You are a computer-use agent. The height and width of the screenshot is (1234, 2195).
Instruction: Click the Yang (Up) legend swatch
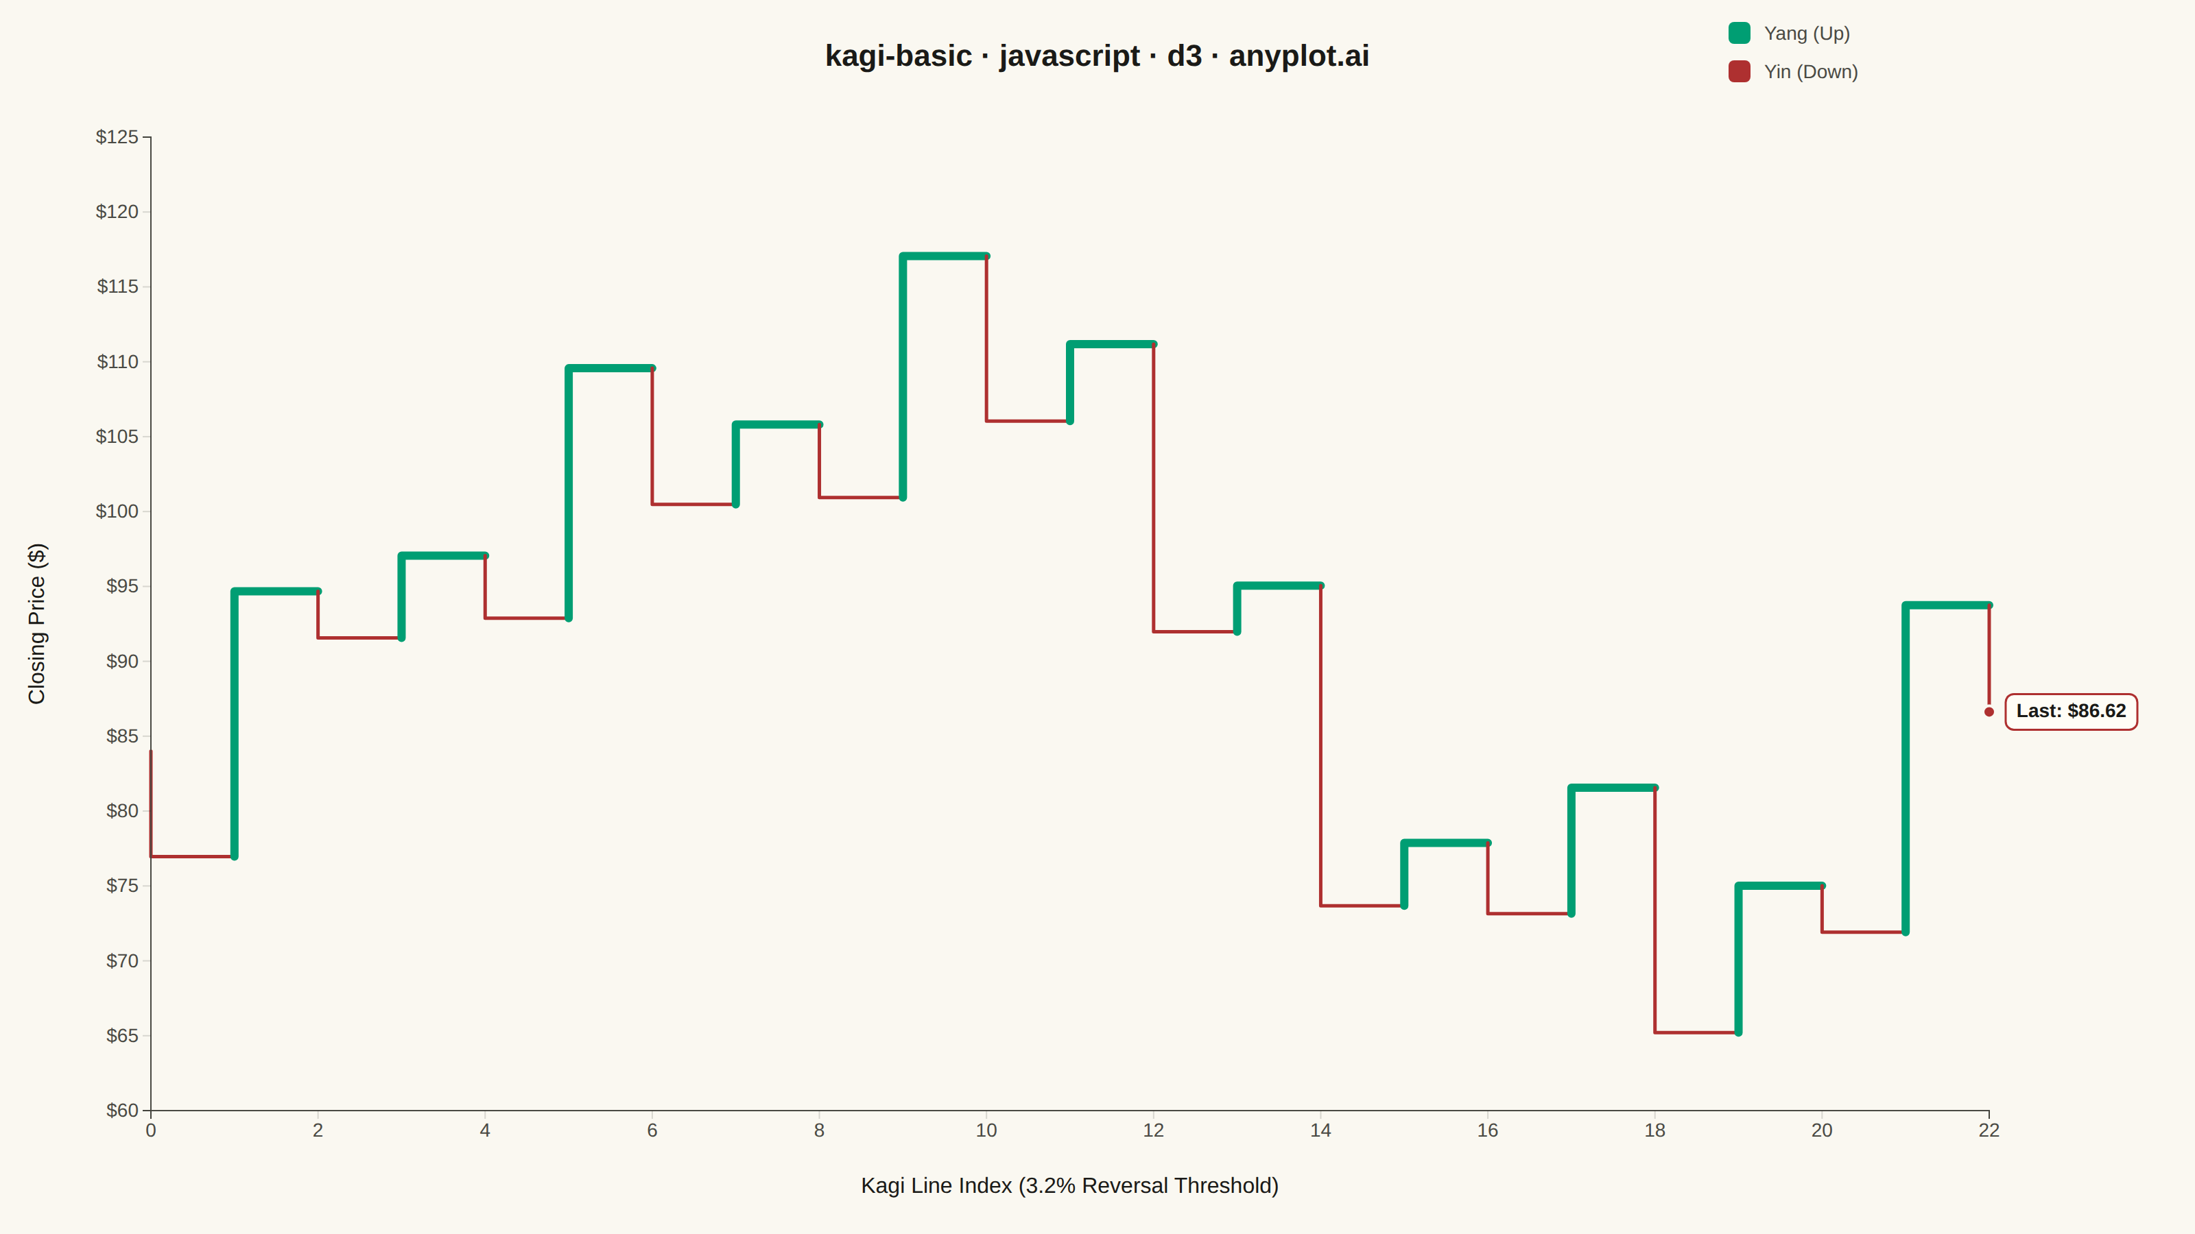click(x=1739, y=33)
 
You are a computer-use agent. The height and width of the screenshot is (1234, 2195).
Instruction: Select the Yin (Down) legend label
click(x=1811, y=71)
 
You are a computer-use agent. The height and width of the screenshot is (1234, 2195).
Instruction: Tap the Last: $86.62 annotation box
click(x=2071, y=711)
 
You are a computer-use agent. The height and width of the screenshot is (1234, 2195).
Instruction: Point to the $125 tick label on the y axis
click(x=117, y=137)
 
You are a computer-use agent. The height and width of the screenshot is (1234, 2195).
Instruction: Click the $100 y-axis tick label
click(x=117, y=511)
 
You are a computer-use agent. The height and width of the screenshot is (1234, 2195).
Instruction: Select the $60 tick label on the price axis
click(x=122, y=1111)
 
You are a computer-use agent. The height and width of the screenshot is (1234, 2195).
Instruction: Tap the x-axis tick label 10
click(x=986, y=1130)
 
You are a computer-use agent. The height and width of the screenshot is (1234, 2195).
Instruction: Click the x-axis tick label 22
click(x=1989, y=1130)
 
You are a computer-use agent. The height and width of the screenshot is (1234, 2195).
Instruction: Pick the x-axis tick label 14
click(x=1320, y=1130)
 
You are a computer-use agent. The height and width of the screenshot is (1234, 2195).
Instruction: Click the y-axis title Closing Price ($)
click(x=36, y=623)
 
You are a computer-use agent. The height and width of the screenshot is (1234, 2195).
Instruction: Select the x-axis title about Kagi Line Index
click(x=1069, y=1185)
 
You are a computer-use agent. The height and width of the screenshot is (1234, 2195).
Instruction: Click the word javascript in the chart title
click(x=1069, y=56)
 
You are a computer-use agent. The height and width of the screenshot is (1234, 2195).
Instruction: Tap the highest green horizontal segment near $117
click(x=944, y=256)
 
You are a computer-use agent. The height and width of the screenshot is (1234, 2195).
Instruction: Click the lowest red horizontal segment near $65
click(x=1696, y=1032)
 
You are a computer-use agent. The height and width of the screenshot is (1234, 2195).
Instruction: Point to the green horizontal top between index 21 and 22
click(x=1947, y=605)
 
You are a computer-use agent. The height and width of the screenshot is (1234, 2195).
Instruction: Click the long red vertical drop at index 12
click(x=1154, y=488)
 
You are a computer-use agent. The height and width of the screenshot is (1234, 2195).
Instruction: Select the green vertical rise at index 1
click(x=235, y=724)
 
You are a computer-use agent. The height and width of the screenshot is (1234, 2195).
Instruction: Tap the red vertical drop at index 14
click(x=1320, y=746)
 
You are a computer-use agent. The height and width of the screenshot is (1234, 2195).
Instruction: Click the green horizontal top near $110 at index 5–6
click(x=610, y=369)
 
